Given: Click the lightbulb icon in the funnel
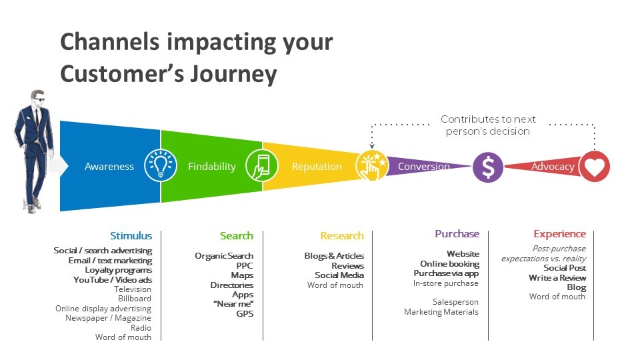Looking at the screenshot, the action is coord(161,165).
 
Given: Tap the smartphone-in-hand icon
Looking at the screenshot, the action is coord(261,165).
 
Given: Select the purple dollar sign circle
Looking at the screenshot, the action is coord(488,167).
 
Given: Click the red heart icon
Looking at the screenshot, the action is coord(595,167).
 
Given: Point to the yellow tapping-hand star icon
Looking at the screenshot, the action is coord(371,166).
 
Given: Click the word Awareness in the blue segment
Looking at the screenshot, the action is coord(109,167).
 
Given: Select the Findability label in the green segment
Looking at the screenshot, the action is coord(212,167).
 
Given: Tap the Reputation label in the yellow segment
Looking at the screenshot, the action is coord(317,167).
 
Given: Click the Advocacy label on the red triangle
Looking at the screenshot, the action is coord(553,167).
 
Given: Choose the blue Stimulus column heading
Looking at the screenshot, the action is coord(131,235).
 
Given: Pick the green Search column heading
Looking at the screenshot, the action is coord(237,235).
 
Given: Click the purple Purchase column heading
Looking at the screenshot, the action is coord(457,234).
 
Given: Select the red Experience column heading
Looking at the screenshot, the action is coord(559,234).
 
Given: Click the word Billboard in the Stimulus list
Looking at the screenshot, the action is coord(135,299).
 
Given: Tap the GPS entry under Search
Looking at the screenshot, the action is coord(245,313).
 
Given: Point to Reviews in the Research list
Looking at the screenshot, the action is coord(348,266).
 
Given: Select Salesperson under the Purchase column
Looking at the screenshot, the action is coord(455,302).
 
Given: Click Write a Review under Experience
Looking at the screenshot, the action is coord(557,277).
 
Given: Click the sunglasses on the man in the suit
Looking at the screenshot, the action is coord(39,99).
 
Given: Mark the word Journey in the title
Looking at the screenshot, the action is coord(233,74).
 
